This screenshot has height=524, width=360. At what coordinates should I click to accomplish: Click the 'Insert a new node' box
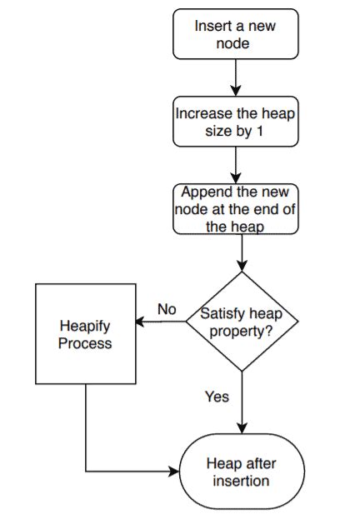tap(235, 34)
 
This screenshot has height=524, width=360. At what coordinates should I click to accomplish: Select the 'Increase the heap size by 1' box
tap(236, 121)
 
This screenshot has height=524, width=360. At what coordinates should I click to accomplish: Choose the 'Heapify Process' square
tap(85, 333)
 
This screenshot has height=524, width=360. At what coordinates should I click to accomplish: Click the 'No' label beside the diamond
tap(167, 309)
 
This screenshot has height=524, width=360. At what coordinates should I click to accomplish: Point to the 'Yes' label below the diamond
tap(217, 397)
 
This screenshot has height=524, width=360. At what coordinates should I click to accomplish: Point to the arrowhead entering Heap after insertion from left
tap(176, 472)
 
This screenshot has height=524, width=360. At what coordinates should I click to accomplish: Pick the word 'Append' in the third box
tap(202, 191)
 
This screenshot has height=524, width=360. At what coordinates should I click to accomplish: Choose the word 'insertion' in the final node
tap(242, 481)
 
